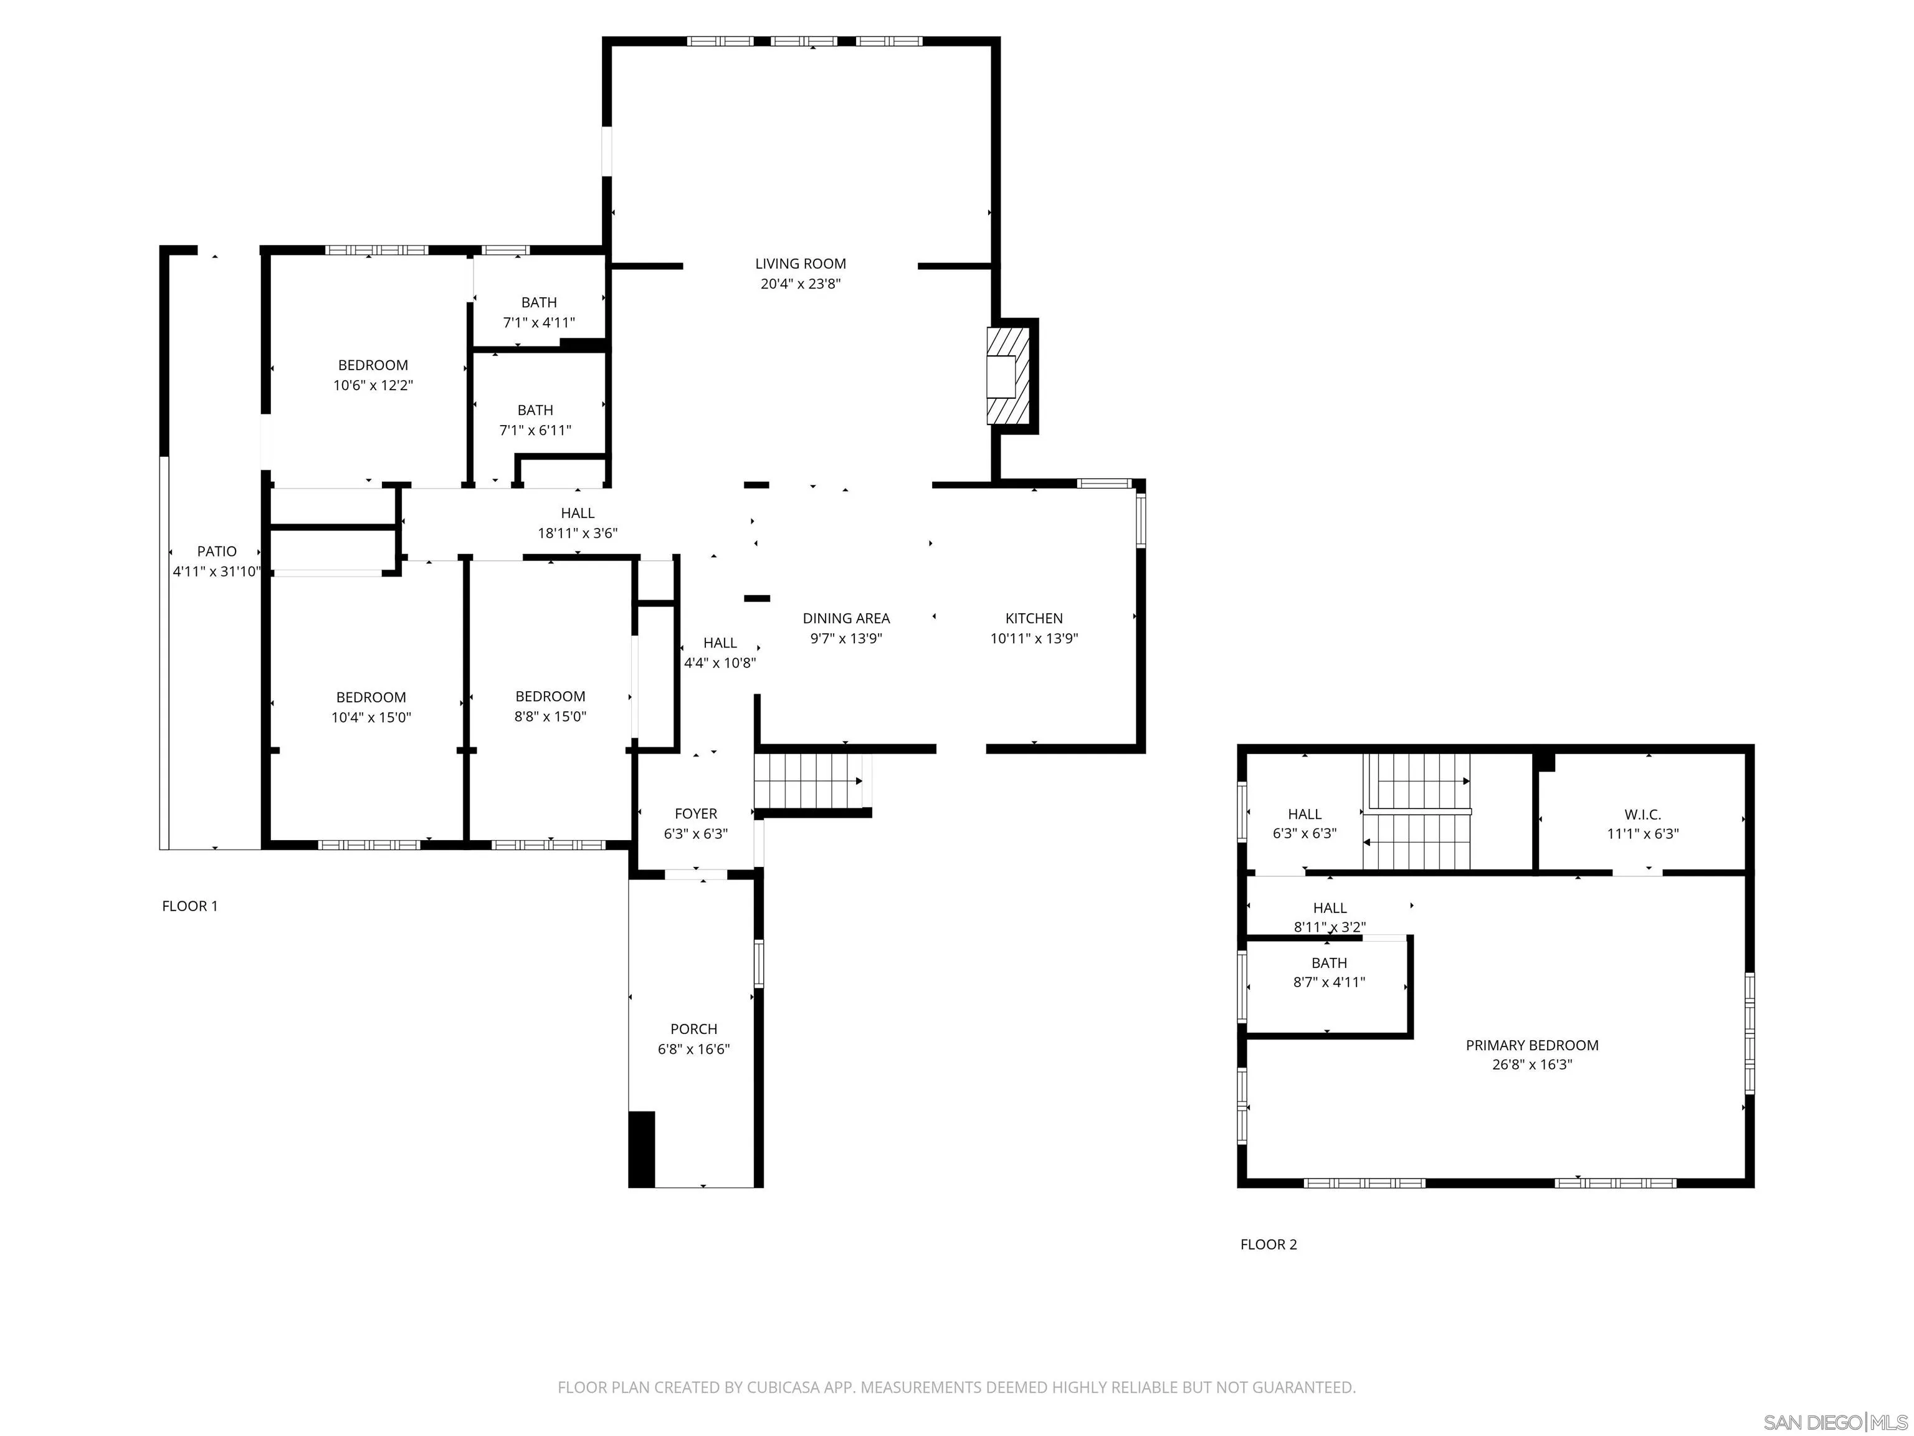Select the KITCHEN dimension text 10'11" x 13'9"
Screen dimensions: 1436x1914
pyautogui.click(x=1034, y=639)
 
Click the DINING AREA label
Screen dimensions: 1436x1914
pyautogui.click(x=845, y=618)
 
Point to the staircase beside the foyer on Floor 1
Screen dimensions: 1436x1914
pyautogui.click(x=809, y=781)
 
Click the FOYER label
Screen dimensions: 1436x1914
pyautogui.click(x=696, y=813)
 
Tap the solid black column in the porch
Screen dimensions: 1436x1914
pyautogui.click(x=641, y=1148)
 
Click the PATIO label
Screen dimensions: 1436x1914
pyautogui.click(x=216, y=552)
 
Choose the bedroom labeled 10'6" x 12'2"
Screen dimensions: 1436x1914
pyautogui.click(x=373, y=375)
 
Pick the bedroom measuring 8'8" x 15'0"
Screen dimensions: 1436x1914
pyautogui.click(x=550, y=706)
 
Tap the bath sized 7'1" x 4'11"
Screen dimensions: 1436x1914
pyautogui.click(x=538, y=312)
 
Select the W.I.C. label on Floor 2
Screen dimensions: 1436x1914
pyautogui.click(x=1642, y=815)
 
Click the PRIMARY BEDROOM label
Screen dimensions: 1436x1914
pyautogui.click(x=1531, y=1045)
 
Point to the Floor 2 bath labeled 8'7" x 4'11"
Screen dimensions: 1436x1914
pyautogui.click(x=1328, y=972)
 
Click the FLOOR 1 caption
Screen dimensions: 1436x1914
pyautogui.click(x=189, y=906)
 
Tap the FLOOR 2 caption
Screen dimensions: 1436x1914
pyautogui.click(x=1268, y=1244)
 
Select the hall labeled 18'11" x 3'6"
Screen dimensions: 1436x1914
pyautogui.click(x=577, y=523)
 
